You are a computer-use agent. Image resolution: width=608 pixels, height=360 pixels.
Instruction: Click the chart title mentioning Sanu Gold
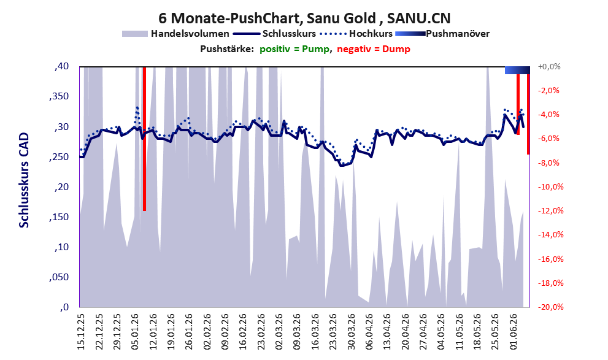[x=304, y=18]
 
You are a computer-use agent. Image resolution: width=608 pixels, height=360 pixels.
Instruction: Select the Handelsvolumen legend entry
[x=175, y=34]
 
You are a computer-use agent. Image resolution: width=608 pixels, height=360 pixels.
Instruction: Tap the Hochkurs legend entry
[x=356, y=34]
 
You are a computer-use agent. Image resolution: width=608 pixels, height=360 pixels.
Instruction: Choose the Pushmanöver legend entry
[x=442, y=34]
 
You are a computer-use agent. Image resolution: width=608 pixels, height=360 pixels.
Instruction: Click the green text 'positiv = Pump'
[x=294, y=49]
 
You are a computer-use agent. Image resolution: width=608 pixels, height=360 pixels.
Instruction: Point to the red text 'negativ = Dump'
[x=374, y=49]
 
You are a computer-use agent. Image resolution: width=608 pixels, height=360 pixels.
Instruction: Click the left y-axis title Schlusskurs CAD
[x=24, y=180]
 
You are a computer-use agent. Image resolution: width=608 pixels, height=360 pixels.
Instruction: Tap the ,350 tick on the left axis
[x=60, y=97]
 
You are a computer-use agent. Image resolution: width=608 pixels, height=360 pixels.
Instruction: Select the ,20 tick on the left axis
[x=61, y=187]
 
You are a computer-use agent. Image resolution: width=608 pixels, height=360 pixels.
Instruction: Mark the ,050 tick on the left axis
[x=60, y=277]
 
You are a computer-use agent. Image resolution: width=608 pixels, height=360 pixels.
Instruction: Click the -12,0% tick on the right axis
[x=550, y=211]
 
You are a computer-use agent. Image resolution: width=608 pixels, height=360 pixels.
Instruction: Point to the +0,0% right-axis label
[x=550, y=67]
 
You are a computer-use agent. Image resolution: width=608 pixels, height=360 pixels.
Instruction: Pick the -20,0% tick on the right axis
[x=550, y=307]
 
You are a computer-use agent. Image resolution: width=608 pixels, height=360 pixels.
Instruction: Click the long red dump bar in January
[x=144, y=139]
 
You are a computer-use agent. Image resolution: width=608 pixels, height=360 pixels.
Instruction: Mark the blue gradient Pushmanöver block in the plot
[x=517, y=70]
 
